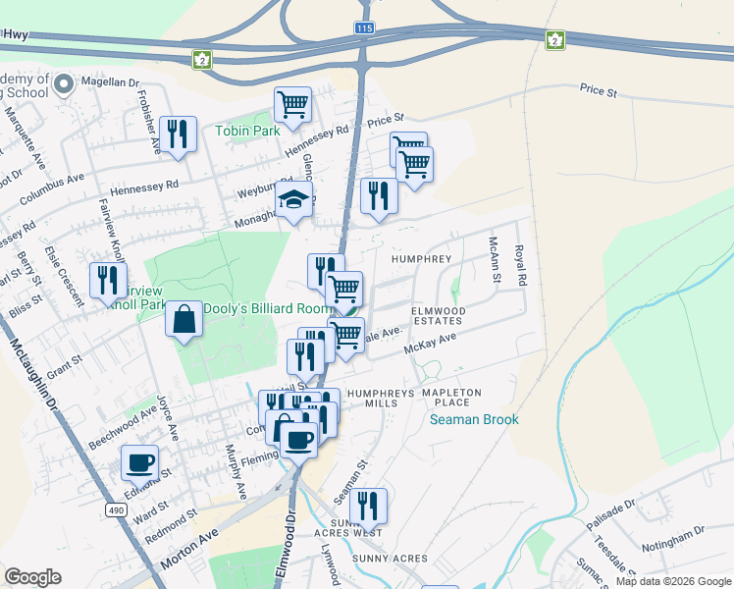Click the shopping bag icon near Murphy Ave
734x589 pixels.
(x=184, y=319)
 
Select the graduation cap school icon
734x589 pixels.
(x=293, y=199)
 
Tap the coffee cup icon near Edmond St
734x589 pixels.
(x=139, y=461)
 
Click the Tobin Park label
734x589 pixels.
(x=247, y=131)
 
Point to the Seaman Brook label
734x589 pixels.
(x=474, y=419)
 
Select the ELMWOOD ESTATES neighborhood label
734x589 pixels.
(x=436, y=315)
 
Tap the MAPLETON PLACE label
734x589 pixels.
(x=451, y=398)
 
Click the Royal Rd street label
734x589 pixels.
(x=520, y=265)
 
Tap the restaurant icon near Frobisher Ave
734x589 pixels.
(x=177, y=133)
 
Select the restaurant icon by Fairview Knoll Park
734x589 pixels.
(x=108, y=279)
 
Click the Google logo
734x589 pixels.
(x=32, y=577)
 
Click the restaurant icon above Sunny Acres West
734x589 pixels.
(x=368, y=505)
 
